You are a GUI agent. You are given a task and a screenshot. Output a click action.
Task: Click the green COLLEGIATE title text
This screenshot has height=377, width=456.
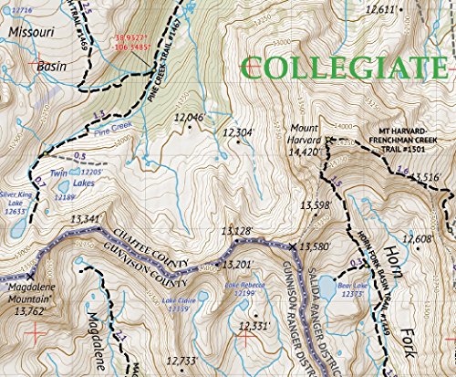[x=350, y=67]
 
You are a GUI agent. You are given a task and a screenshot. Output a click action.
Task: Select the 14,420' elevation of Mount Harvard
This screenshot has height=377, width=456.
[x=304, y=152]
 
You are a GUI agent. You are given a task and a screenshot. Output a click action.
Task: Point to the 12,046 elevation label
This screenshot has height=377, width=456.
[x=188, y=118]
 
